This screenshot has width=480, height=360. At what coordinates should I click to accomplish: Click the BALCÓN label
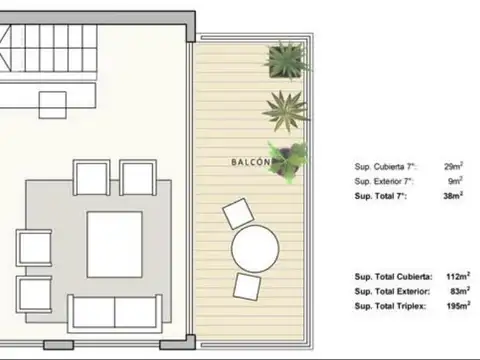[250, 161]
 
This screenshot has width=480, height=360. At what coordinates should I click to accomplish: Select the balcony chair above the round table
[240, 214]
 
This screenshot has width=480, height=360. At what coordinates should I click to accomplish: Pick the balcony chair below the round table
[248, 286]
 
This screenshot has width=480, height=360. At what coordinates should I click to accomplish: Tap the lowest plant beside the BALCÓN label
[290, 160]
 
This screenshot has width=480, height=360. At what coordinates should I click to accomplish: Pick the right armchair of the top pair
[137, 178]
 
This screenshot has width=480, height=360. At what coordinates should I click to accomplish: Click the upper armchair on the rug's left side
[33, 246]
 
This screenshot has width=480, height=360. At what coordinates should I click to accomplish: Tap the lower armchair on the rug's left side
[33, 293]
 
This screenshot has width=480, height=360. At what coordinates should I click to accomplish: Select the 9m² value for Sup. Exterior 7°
[455, 180]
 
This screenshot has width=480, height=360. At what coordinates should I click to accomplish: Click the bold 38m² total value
[453, 196]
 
